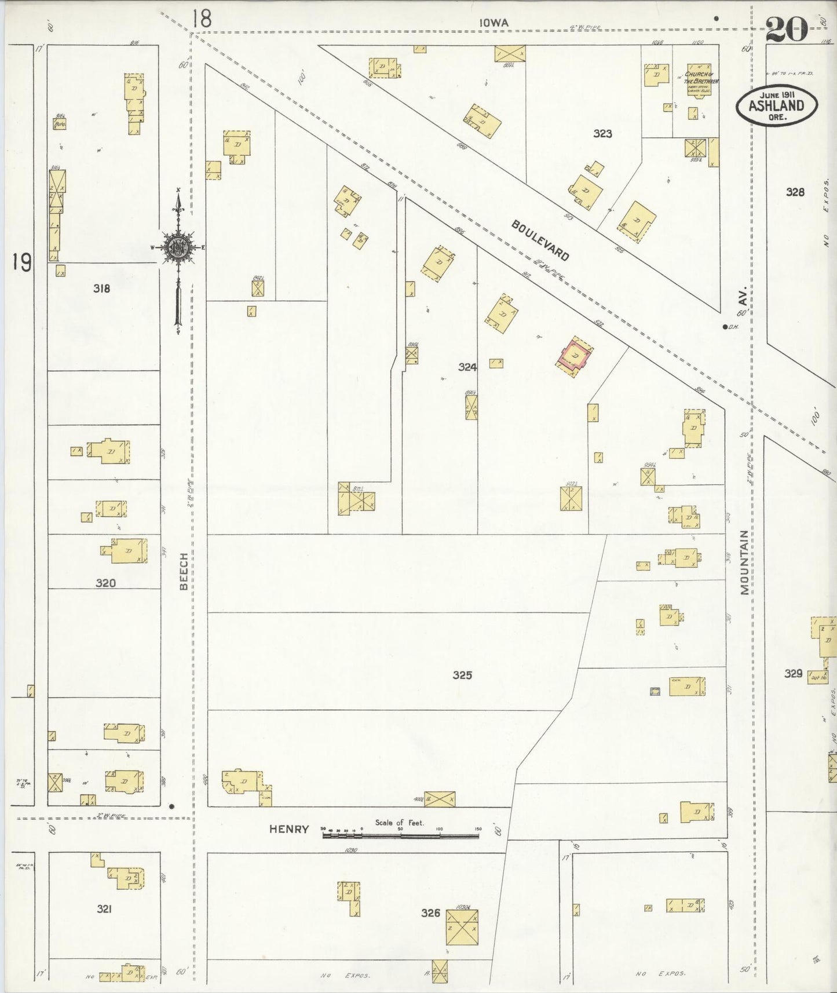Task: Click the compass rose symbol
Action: pos(178,247)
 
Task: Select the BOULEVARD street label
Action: pos(540,240)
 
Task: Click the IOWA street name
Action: pos(494,23)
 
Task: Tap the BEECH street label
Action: pos(184,571)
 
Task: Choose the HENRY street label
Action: pos(288,830)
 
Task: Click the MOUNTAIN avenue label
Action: pos(744,562)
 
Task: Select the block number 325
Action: pos(462,675)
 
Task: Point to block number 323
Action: pos(602,134)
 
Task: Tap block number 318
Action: pos(101,288)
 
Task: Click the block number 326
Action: pos(430,913)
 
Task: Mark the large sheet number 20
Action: pos(787,29)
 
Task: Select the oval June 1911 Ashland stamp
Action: pos(777,105)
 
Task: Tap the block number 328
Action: pos(795,192)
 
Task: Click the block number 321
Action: pos(104,909)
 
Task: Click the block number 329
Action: pos(793,673)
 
